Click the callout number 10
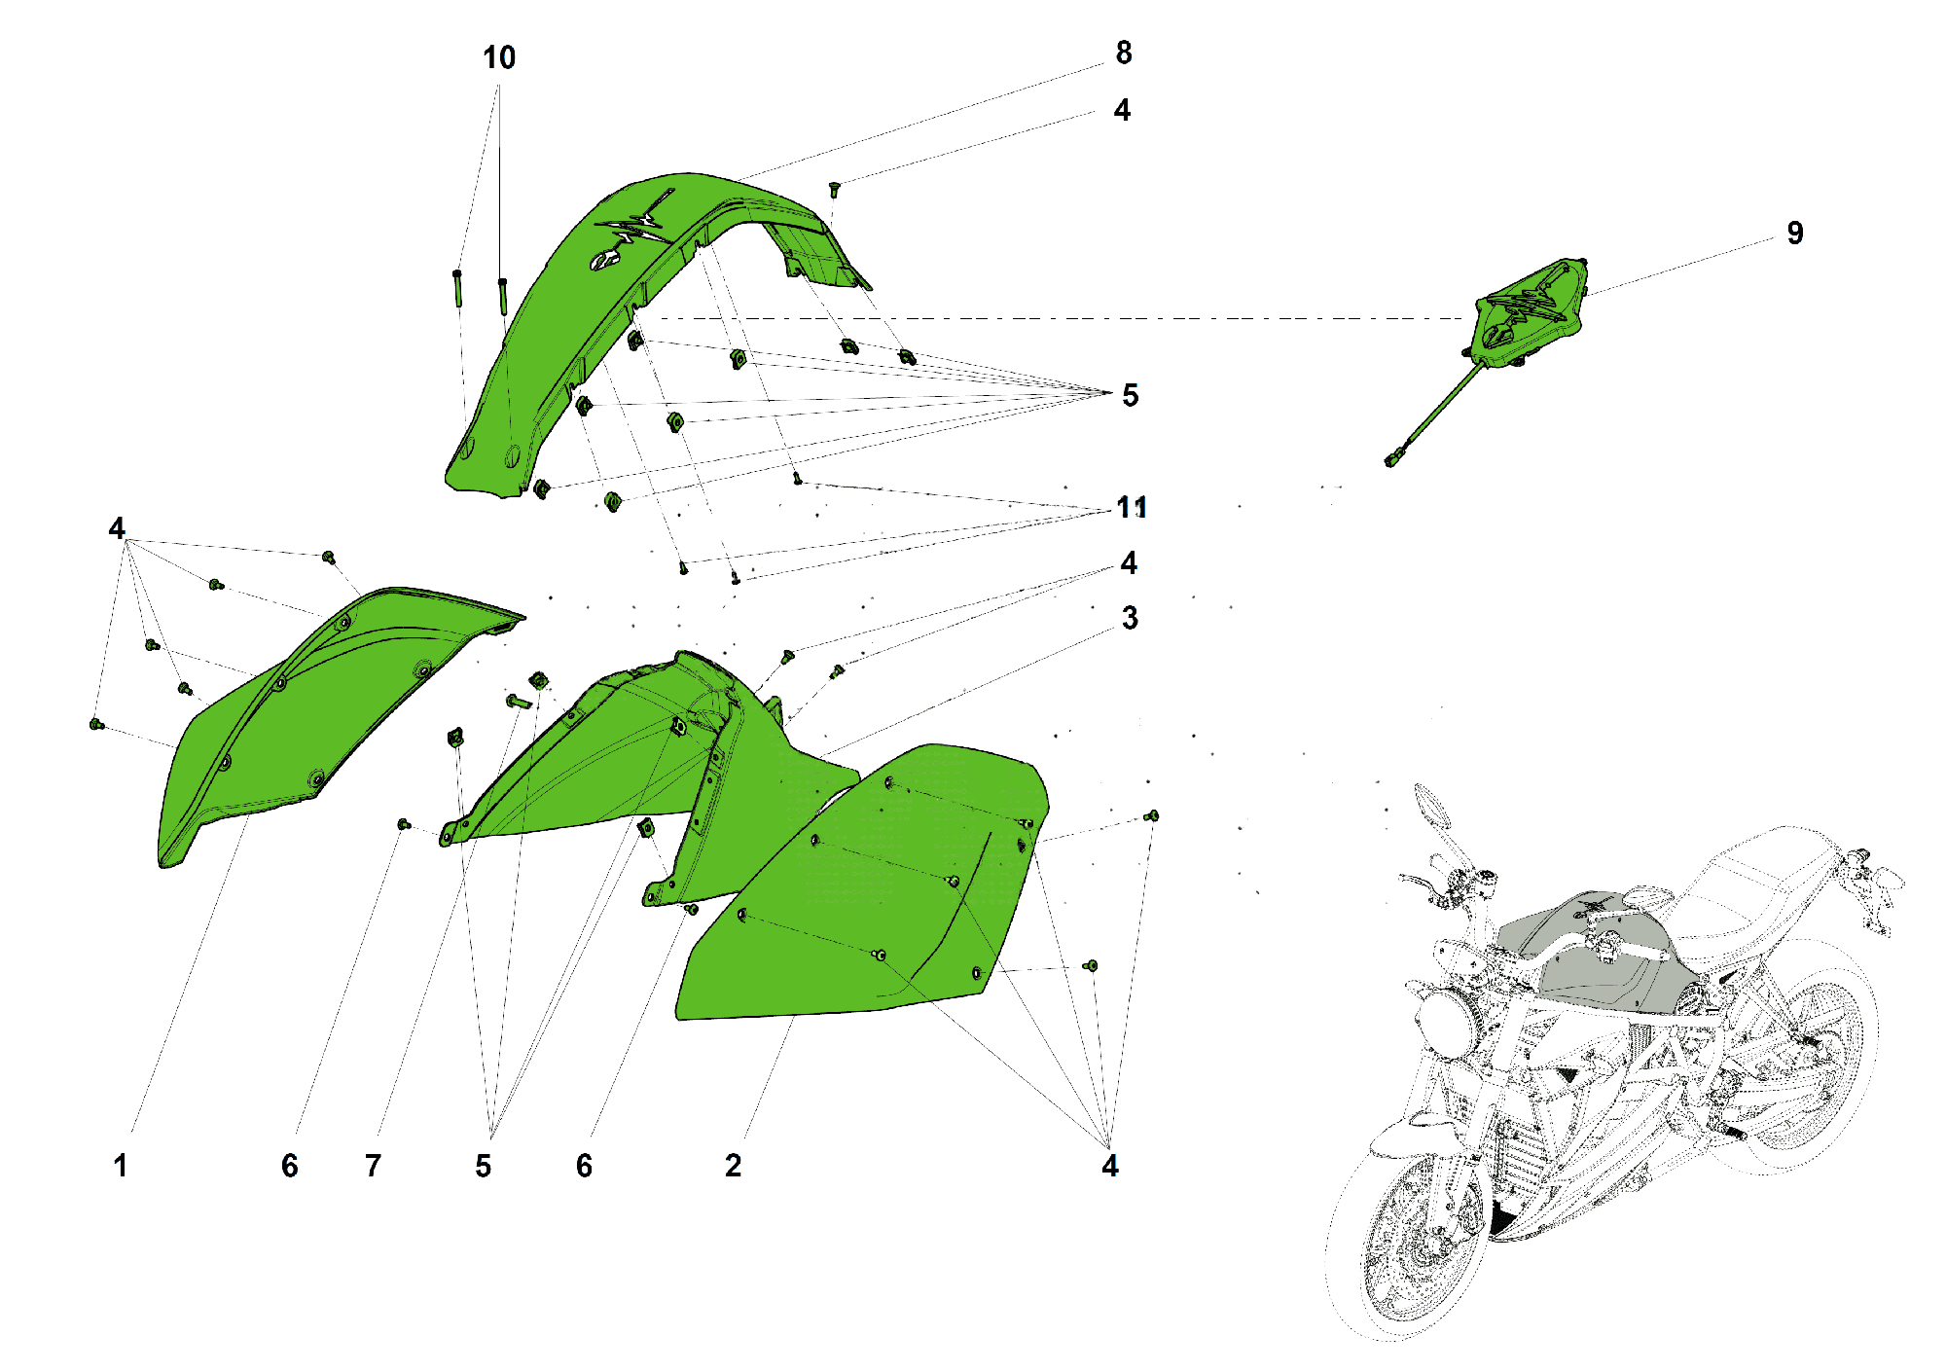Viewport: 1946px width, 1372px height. [x=499, y=58]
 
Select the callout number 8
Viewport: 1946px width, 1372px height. [x=1124, y=53]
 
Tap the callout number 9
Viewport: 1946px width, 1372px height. [x=1795, y=234]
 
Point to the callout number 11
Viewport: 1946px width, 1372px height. [x=1132, y=508]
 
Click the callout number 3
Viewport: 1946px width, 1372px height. [x=1130, y=618]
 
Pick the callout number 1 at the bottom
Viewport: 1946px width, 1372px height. [x=121, y=1166]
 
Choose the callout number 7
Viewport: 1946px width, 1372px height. [x=374, y=1166]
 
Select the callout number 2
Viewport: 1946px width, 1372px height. [x=734, y=1166]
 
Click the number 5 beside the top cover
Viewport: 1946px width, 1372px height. [x=1130, y=395]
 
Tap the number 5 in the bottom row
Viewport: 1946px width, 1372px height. [x=484, y=1166]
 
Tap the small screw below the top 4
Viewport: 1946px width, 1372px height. [x=834, y=189]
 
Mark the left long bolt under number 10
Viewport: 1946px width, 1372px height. [x=457, y=289]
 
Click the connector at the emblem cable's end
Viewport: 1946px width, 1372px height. [x=1393, y=456]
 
